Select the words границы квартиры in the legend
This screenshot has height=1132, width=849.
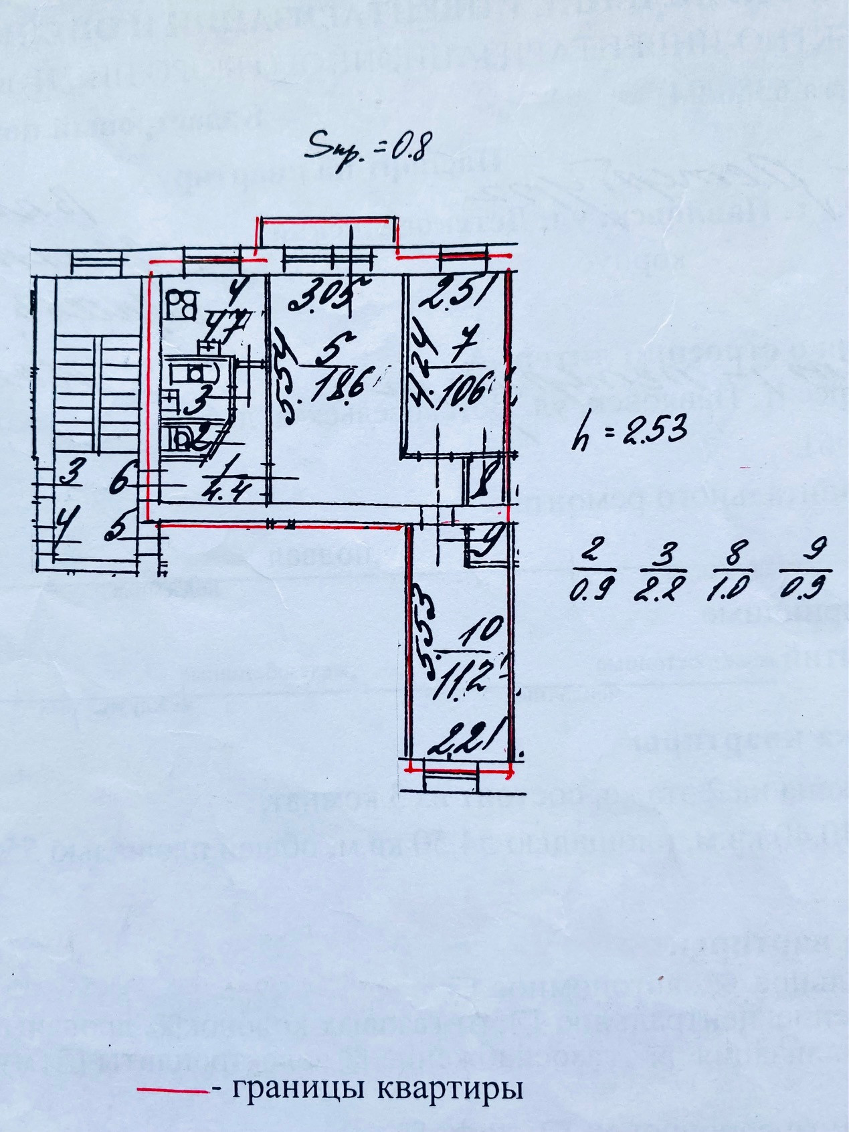377,1089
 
